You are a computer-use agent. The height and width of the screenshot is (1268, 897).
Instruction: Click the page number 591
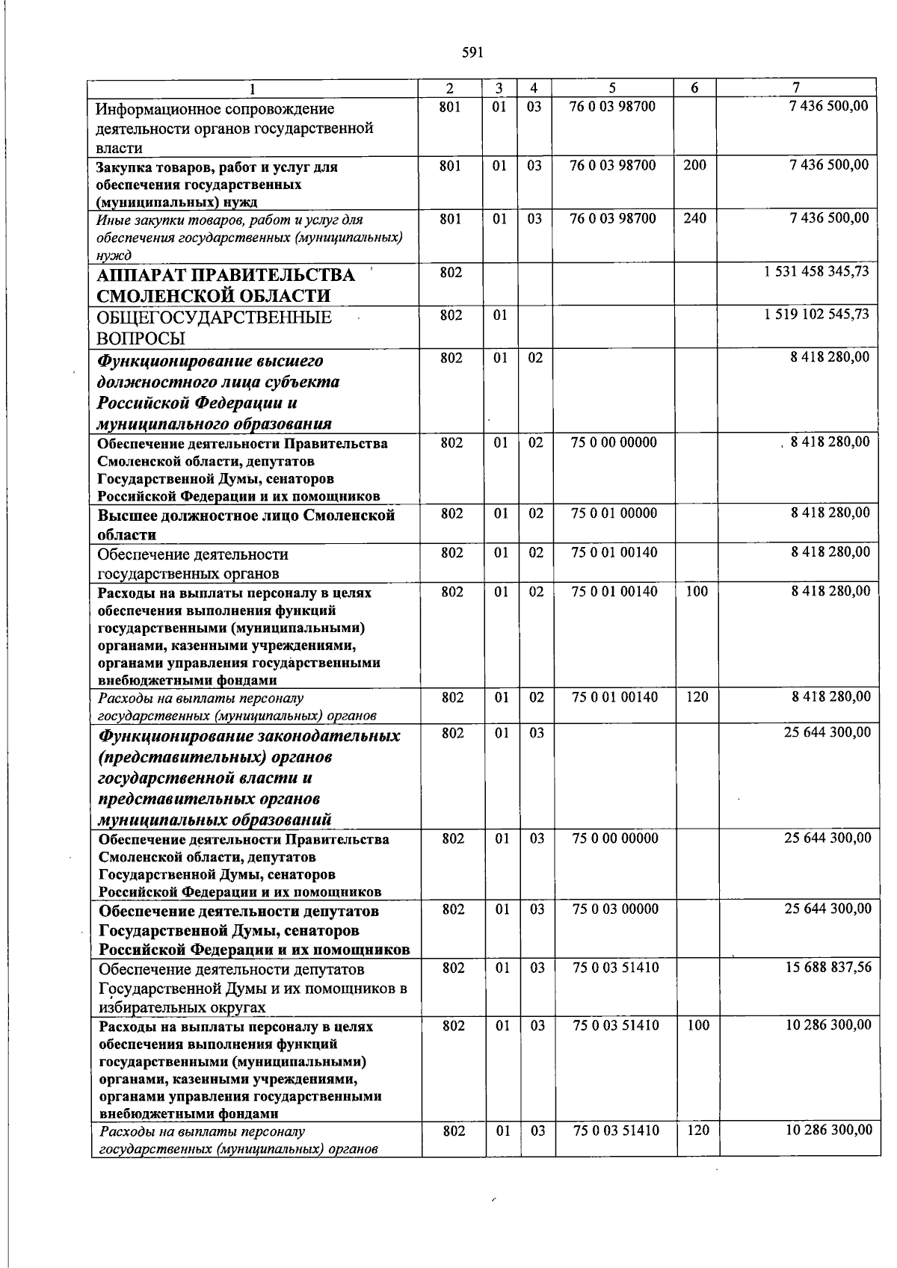click(472, 52)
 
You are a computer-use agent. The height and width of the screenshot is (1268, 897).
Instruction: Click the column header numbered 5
click(611, 88)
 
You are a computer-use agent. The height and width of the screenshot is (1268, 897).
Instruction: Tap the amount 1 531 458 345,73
click(816, 272)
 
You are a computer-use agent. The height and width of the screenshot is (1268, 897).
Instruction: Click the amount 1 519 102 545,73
click(816, 315)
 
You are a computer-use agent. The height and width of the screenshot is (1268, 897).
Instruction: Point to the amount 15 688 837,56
click(827, 968)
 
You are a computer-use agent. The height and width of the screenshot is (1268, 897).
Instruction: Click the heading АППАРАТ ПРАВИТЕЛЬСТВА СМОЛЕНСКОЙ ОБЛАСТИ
click(225, 285)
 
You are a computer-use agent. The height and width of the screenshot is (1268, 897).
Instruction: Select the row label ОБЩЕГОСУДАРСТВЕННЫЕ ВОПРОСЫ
click(214, 327)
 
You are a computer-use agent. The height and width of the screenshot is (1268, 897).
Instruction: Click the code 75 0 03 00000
click(615, 909)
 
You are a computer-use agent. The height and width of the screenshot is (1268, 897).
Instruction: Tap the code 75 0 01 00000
click(614, 513)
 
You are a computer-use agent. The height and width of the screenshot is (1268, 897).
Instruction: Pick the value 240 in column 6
click(694, 219)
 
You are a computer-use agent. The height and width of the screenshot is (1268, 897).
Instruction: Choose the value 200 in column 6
click(694, 165)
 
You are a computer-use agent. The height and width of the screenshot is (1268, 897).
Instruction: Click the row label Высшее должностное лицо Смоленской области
click(246, 525)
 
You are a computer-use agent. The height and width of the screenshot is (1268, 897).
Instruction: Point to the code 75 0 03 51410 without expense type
click(615, 968)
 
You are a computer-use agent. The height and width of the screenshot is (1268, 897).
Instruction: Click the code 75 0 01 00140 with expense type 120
click(614, 697)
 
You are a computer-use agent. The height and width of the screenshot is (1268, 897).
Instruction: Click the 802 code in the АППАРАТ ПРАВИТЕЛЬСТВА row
click(451, 273)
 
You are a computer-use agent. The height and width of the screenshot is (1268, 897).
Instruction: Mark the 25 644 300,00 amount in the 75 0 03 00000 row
click(827, 909)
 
